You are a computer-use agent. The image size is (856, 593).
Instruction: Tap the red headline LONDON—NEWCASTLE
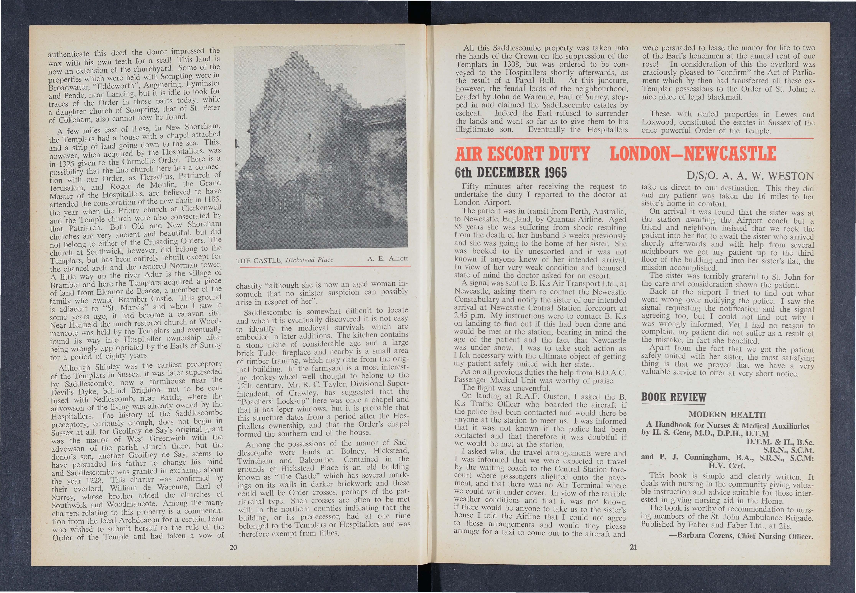click(x=693, y=154)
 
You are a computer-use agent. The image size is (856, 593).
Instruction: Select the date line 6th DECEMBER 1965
click(x=511, y=173)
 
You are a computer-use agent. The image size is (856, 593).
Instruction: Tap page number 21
click(x=633, y=547)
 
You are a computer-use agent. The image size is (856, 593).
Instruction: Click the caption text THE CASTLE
click(x=259, y=260)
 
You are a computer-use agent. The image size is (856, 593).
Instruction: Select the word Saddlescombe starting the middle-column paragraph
click(x=267, y=312)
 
